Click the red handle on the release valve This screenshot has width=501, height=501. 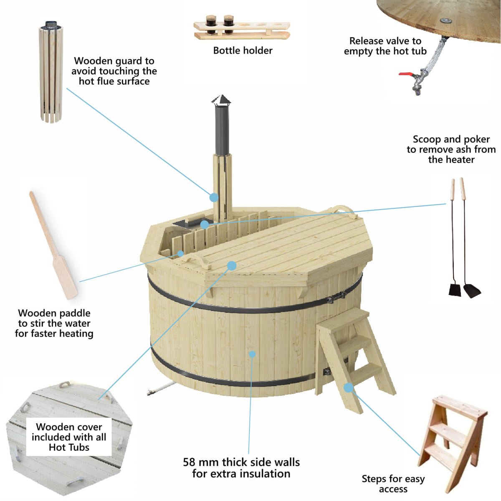[x=405, y=74]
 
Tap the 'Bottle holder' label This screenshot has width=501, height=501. [x=243, y=51]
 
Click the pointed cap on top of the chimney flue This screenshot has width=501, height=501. [x=221, y=100]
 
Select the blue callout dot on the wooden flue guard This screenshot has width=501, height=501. [x=214, y=197]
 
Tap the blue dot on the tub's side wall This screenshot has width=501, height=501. [x=252, y=354]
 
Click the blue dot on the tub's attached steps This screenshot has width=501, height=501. [x=348, y=387]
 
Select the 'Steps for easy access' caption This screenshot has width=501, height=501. [x=393, y=483]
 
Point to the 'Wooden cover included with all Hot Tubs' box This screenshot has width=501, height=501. [x=69, y=437]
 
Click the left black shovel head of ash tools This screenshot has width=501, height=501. [x=455, y=289]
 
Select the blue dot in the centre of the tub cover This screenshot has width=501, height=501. [x=232, y=266]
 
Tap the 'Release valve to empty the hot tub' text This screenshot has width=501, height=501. [x=385, y=46]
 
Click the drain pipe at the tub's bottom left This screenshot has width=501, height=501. [x=161, y=389]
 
